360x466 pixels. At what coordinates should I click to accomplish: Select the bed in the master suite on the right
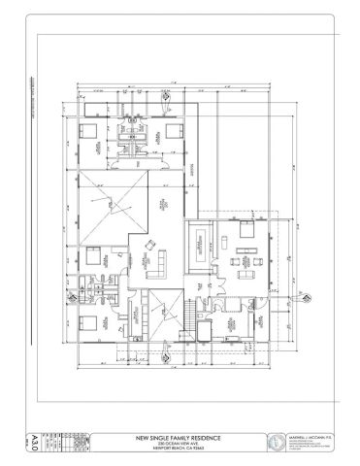[245, 231]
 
